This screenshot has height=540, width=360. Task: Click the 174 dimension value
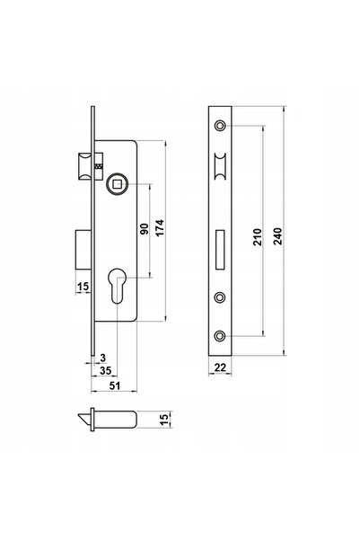[160, 227]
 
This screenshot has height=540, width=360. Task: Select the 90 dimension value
[145, 229]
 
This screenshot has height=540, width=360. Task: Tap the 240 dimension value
[277, 236]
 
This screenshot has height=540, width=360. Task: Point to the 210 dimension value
[257, 236]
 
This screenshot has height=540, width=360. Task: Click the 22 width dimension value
[220, 367]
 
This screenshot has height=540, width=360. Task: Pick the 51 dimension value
[115, 385]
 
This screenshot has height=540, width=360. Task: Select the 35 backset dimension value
[106, 370]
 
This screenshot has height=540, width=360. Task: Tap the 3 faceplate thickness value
[103, 359]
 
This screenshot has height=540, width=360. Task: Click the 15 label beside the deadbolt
[83, 287]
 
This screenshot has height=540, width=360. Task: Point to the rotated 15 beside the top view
[165, 419]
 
